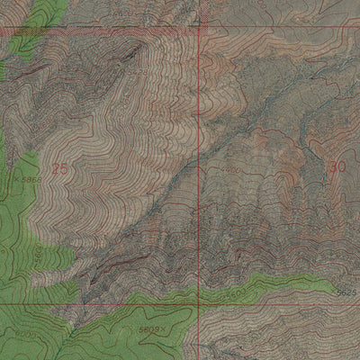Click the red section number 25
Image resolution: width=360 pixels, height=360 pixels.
[59, 168]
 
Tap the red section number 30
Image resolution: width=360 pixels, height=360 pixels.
[337, 166]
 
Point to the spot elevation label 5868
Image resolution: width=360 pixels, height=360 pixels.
[30, 180]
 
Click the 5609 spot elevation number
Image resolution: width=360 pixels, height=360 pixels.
[149, 329]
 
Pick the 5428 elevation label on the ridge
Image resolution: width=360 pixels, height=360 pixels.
[139, 71]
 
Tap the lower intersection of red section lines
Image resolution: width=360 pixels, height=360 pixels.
[200, 304]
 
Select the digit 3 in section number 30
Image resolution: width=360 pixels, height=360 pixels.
[333, 166]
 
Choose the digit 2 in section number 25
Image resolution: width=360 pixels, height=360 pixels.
[55, 168]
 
